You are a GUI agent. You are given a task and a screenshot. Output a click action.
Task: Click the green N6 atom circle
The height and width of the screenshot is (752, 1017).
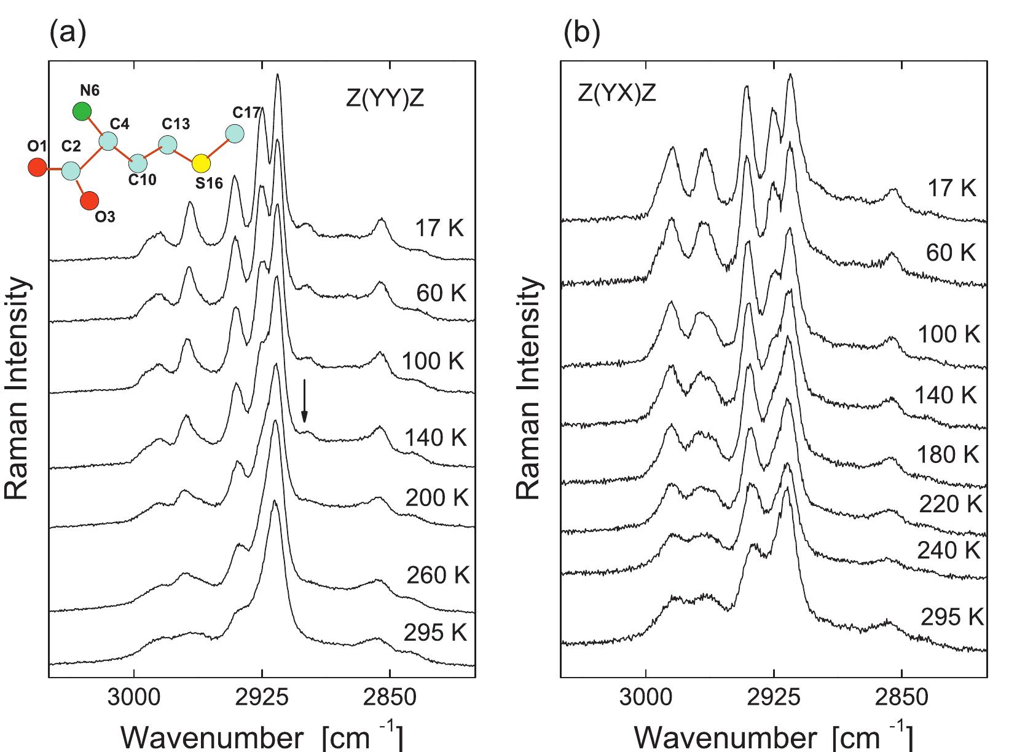tap(82, 111)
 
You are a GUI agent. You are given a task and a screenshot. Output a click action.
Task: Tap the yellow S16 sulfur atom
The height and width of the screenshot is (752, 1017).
tap(200, 164)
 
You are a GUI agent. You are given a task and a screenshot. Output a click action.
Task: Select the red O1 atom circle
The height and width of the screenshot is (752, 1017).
tap(37, 167)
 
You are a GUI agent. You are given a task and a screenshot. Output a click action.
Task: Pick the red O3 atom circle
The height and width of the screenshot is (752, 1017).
tap(90, 200)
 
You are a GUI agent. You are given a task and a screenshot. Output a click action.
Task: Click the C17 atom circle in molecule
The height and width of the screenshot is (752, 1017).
tap(234, 133)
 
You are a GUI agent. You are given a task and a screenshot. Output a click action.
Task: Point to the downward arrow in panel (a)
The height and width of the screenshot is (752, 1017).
tap(304, 410)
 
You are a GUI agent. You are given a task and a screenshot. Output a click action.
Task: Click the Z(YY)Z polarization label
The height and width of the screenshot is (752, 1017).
tap(385, 100)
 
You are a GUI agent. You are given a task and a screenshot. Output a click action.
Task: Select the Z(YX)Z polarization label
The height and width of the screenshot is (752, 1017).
tap(616, 94)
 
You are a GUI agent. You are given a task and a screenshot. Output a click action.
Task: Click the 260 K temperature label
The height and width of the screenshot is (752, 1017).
tap(438, 576)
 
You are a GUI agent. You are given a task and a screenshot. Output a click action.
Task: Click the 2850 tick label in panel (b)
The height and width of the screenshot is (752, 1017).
tap(901, 699)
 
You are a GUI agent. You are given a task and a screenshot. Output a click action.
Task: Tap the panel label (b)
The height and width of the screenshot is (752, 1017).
tap(581, 34)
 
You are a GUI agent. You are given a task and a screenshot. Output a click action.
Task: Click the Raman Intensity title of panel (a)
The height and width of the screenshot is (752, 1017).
tap(18, 387)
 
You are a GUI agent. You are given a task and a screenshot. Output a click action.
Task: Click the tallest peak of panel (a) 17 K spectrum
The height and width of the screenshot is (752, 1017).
tap(278, 75)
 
